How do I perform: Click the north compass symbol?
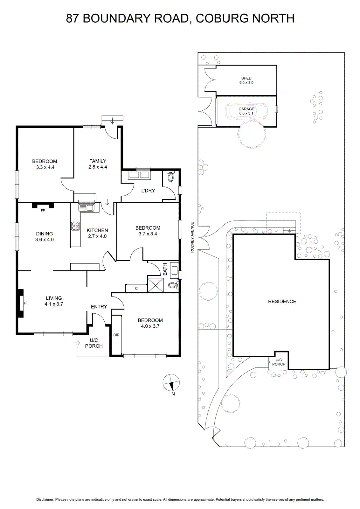tap(171, 382)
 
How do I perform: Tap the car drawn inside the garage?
tap(246, 111)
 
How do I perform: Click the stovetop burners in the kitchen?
tap(76, 226)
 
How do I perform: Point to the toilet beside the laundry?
tap(170, 176)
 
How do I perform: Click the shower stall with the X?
tap(156, 284)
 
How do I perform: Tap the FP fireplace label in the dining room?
tap(43, 210)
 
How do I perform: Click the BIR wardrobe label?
tap(116, 335)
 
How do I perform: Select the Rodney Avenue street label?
tap(192, 237)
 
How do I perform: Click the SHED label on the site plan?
tap(246, 78)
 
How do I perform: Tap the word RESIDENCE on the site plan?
tap(282, 302)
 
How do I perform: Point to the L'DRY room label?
tap(148, 191)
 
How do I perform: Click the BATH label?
tap(165, 269)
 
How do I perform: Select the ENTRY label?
tap(99, 307)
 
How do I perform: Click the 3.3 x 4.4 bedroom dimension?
tap(45, 167)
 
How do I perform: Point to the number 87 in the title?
tap(73, 18)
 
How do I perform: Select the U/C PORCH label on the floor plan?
tap(94, 343)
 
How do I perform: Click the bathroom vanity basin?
tap(175, 270)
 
